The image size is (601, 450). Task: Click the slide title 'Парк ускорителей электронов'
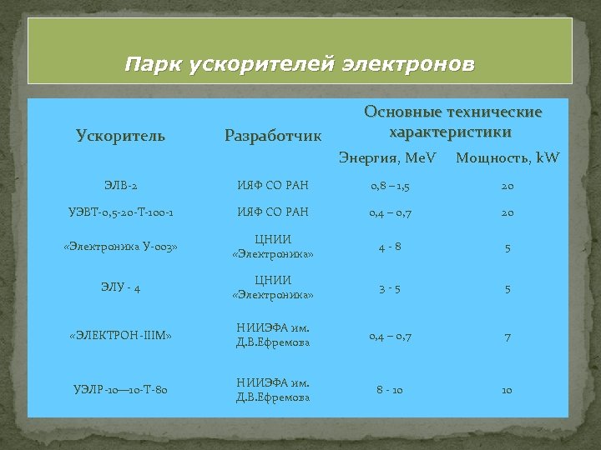300,63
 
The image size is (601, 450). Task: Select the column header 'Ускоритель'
120,135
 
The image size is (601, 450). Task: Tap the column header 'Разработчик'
272,135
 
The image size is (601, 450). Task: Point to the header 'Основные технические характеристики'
452,122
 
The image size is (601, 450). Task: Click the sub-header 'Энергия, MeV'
387,157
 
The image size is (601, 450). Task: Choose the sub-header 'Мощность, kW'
507,157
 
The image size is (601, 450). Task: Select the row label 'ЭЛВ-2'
120,185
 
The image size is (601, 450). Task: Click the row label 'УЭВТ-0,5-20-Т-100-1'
120,212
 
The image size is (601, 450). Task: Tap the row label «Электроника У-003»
120,247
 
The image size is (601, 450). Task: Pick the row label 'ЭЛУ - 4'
120,288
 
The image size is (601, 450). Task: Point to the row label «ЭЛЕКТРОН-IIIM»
120,336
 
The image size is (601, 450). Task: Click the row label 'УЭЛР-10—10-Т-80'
120,390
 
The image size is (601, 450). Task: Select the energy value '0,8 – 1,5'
389,185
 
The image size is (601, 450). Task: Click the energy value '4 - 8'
389,247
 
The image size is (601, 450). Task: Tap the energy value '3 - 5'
389,288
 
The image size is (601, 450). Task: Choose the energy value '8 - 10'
389,390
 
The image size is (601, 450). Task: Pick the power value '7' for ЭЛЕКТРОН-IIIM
507,337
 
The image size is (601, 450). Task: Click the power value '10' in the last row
507,390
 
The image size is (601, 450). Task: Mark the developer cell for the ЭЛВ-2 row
272,185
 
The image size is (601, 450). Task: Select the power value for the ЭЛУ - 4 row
507,289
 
